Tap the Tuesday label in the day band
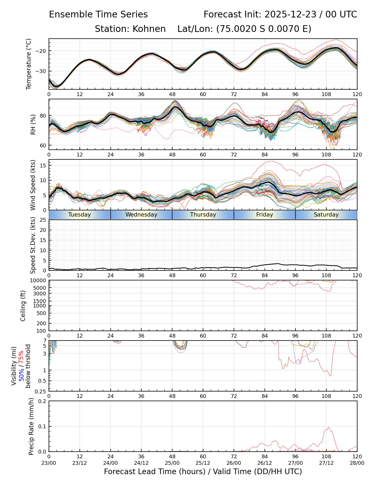click(79, 215)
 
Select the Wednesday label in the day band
click(141, 215)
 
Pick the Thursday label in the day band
click(203, 215)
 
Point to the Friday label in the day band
click(265, 215)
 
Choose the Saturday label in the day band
click(326, 215)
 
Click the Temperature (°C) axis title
click(29, 64)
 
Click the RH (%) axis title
click(33, 125)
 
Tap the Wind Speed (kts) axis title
click(33, 185)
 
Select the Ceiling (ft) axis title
click(23, 306)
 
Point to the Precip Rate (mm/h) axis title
click(31, 426)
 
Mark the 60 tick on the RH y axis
click(43, 145)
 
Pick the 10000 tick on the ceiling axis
click(39, 281)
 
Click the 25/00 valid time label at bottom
click(172, 463)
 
